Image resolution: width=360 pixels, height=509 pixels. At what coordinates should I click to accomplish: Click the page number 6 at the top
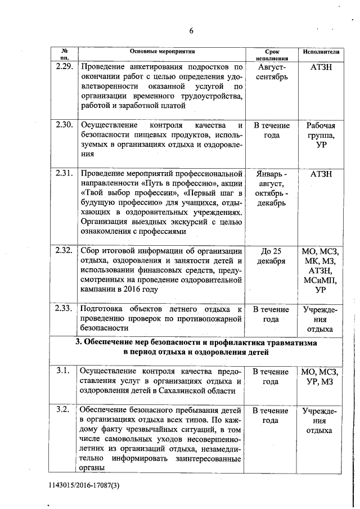(191, 30)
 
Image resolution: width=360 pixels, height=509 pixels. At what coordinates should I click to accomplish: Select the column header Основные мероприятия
(161, 52)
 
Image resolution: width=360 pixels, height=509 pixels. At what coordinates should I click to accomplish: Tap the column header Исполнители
(321, 52)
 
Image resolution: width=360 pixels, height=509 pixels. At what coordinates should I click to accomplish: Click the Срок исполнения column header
(271, 54)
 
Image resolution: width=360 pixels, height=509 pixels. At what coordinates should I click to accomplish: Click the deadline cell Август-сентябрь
(271, 71)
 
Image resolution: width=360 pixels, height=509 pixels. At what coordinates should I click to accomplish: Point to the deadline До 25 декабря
(271, 256)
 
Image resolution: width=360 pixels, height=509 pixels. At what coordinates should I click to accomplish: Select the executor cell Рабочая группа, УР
(321, 135)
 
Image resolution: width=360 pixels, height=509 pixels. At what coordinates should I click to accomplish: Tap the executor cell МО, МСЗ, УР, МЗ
(321, 376)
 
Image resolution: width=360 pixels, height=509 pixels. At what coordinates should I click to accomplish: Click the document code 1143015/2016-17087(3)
(85, 484)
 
